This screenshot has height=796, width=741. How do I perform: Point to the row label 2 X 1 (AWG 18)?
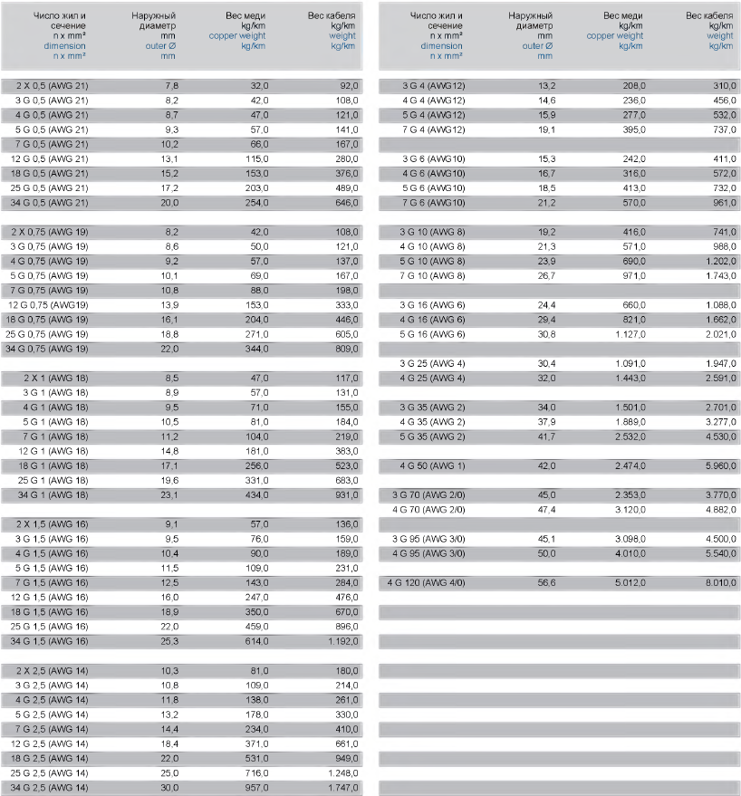55,378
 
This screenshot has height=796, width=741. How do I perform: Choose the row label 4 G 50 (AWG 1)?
433,465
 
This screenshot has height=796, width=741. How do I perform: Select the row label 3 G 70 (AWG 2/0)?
428,494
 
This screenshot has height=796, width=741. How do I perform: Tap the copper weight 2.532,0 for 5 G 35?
626,436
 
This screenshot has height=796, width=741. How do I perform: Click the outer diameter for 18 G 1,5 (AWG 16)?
170,612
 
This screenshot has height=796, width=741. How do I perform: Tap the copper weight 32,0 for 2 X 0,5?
258,85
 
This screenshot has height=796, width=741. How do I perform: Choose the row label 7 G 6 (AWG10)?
433,202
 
